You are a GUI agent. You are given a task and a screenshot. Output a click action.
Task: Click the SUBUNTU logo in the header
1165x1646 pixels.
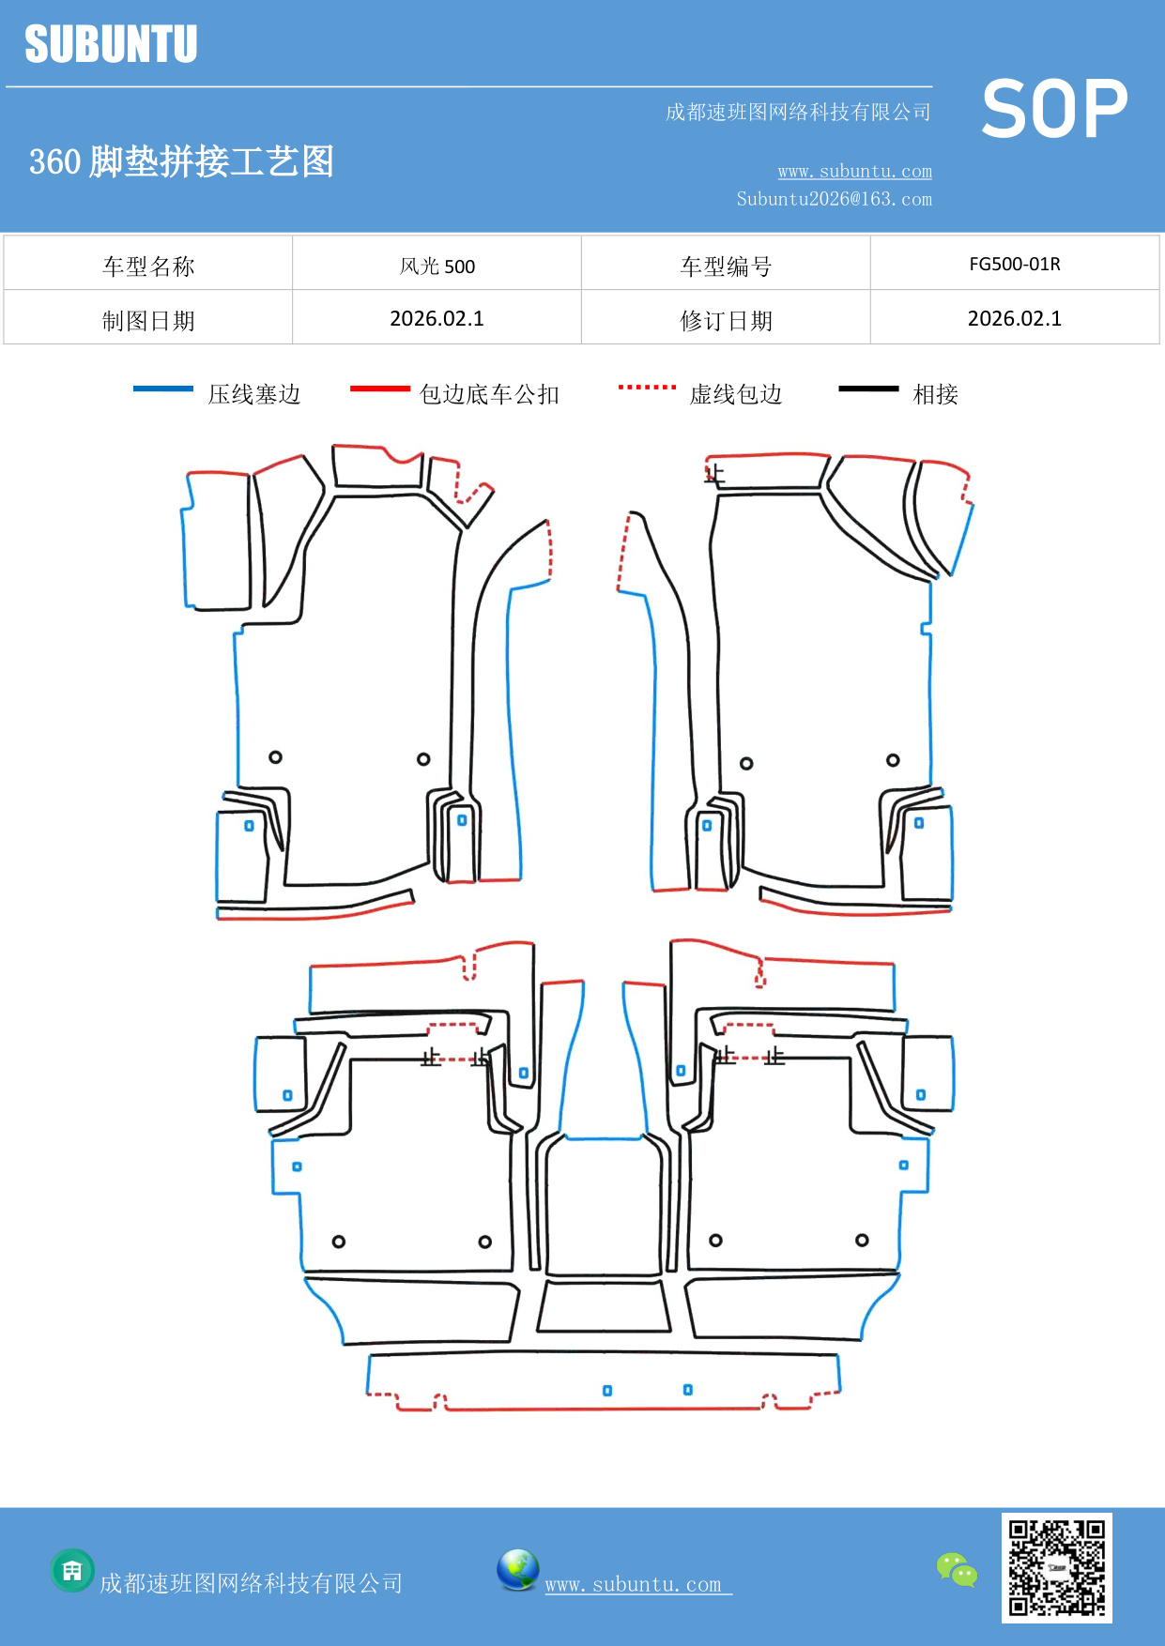pos(111,44)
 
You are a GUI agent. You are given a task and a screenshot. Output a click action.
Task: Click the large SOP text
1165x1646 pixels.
pos(1054,109)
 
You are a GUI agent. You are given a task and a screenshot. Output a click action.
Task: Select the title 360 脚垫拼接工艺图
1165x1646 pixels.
pos(181,161)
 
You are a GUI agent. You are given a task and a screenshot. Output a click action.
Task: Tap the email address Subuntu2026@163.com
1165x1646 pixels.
pos(834,199)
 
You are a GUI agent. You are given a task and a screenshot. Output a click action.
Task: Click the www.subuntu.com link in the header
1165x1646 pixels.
pos(854,171)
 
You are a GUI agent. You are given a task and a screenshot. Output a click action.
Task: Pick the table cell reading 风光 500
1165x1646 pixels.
pos(437,266)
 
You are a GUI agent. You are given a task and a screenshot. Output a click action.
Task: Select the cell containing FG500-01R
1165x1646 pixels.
pos(1014,264)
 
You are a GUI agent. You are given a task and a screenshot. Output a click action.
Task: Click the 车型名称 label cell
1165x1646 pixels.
pos(148,267)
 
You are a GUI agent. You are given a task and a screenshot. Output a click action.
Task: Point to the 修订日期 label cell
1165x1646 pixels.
pos(726,321)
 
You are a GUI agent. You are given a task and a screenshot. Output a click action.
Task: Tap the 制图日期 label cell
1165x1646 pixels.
pos(148,321)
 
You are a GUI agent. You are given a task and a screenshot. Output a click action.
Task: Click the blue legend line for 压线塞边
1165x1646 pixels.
pos(163,389)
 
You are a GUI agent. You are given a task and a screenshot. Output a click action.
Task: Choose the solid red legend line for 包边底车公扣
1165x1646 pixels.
pos(379,389)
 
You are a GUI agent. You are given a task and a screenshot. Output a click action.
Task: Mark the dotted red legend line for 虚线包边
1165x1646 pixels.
pos(647,387)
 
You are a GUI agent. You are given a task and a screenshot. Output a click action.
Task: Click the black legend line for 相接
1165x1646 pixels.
pos(868,389)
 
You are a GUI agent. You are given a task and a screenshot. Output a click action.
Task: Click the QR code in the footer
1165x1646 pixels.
pos(1056,1567)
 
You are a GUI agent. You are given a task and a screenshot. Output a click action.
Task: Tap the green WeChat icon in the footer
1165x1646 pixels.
pos(957,1569)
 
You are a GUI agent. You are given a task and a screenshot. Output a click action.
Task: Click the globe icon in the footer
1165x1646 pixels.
pos(517,1569)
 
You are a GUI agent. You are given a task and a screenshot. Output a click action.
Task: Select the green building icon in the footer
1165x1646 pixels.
pos(72,1570)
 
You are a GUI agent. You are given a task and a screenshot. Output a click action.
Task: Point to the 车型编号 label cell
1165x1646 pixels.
pos(726,267)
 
